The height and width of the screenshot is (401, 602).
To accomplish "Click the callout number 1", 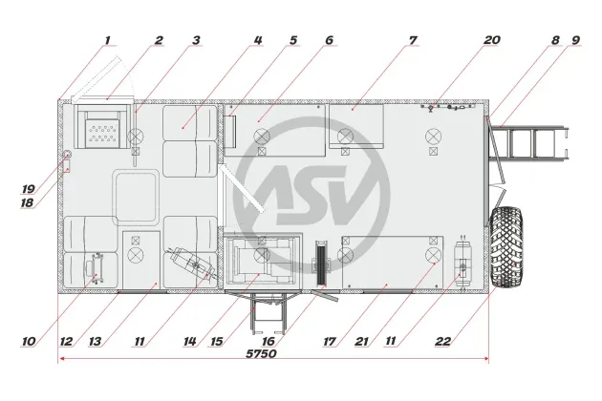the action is coord(107,40).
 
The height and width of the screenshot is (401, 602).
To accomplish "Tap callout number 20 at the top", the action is coord(491,40).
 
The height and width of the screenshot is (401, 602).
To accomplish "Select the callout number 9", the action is coord(576,40).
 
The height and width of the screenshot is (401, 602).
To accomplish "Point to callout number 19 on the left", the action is coord(28,188).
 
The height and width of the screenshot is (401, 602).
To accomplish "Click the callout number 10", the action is coord(29,341).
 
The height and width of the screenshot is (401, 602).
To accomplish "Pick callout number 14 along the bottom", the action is coord(190,341).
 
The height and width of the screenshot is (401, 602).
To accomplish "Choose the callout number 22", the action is coord(442,341).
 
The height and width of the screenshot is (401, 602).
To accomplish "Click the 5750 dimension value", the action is coord(261,353).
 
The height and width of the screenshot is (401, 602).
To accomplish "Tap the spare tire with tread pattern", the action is coord(506,247).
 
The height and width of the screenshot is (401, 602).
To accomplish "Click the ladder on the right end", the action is coord(528,143).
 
